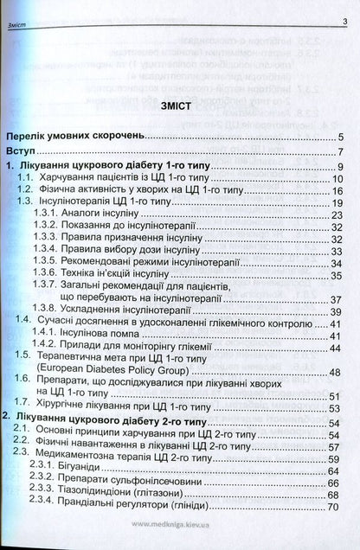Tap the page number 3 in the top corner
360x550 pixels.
click(344, 24)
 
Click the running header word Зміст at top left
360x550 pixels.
click(18, 25)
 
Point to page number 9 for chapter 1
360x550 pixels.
click(342, 167)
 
